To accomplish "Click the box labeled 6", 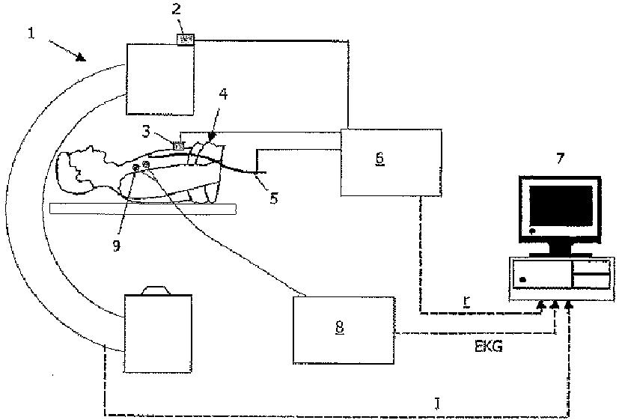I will pos(390,162).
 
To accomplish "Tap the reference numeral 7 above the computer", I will pos(560,159).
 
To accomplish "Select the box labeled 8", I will pos(344,329).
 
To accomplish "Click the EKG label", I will pos(487,347).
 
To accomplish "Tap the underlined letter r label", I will pos(466,300).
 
